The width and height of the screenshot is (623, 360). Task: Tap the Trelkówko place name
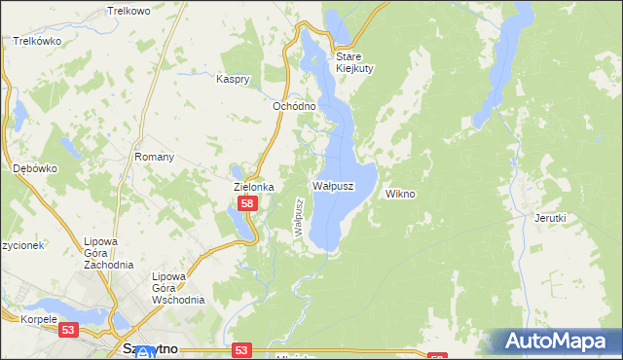[38, 42]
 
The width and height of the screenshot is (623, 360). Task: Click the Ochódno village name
[294, 106]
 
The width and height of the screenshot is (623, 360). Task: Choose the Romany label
[155, 157]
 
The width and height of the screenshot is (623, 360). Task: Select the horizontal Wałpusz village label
[332, 184]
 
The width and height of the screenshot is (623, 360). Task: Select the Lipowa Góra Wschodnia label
[177, 288]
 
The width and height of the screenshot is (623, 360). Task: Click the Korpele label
[23, 318]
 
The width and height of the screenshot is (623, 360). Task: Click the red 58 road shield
[247, 203]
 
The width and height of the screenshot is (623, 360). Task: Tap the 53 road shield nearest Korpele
[68, 331]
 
